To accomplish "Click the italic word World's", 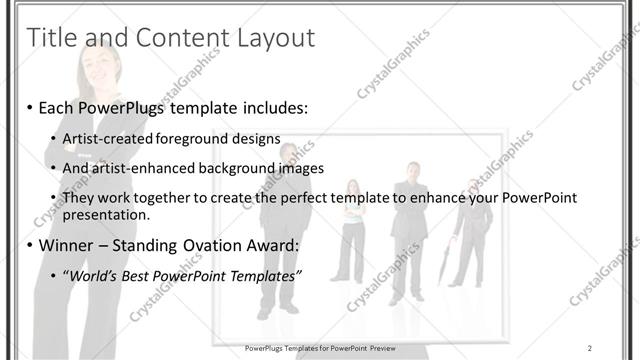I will [93, 274].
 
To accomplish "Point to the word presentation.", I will [106, 214].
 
